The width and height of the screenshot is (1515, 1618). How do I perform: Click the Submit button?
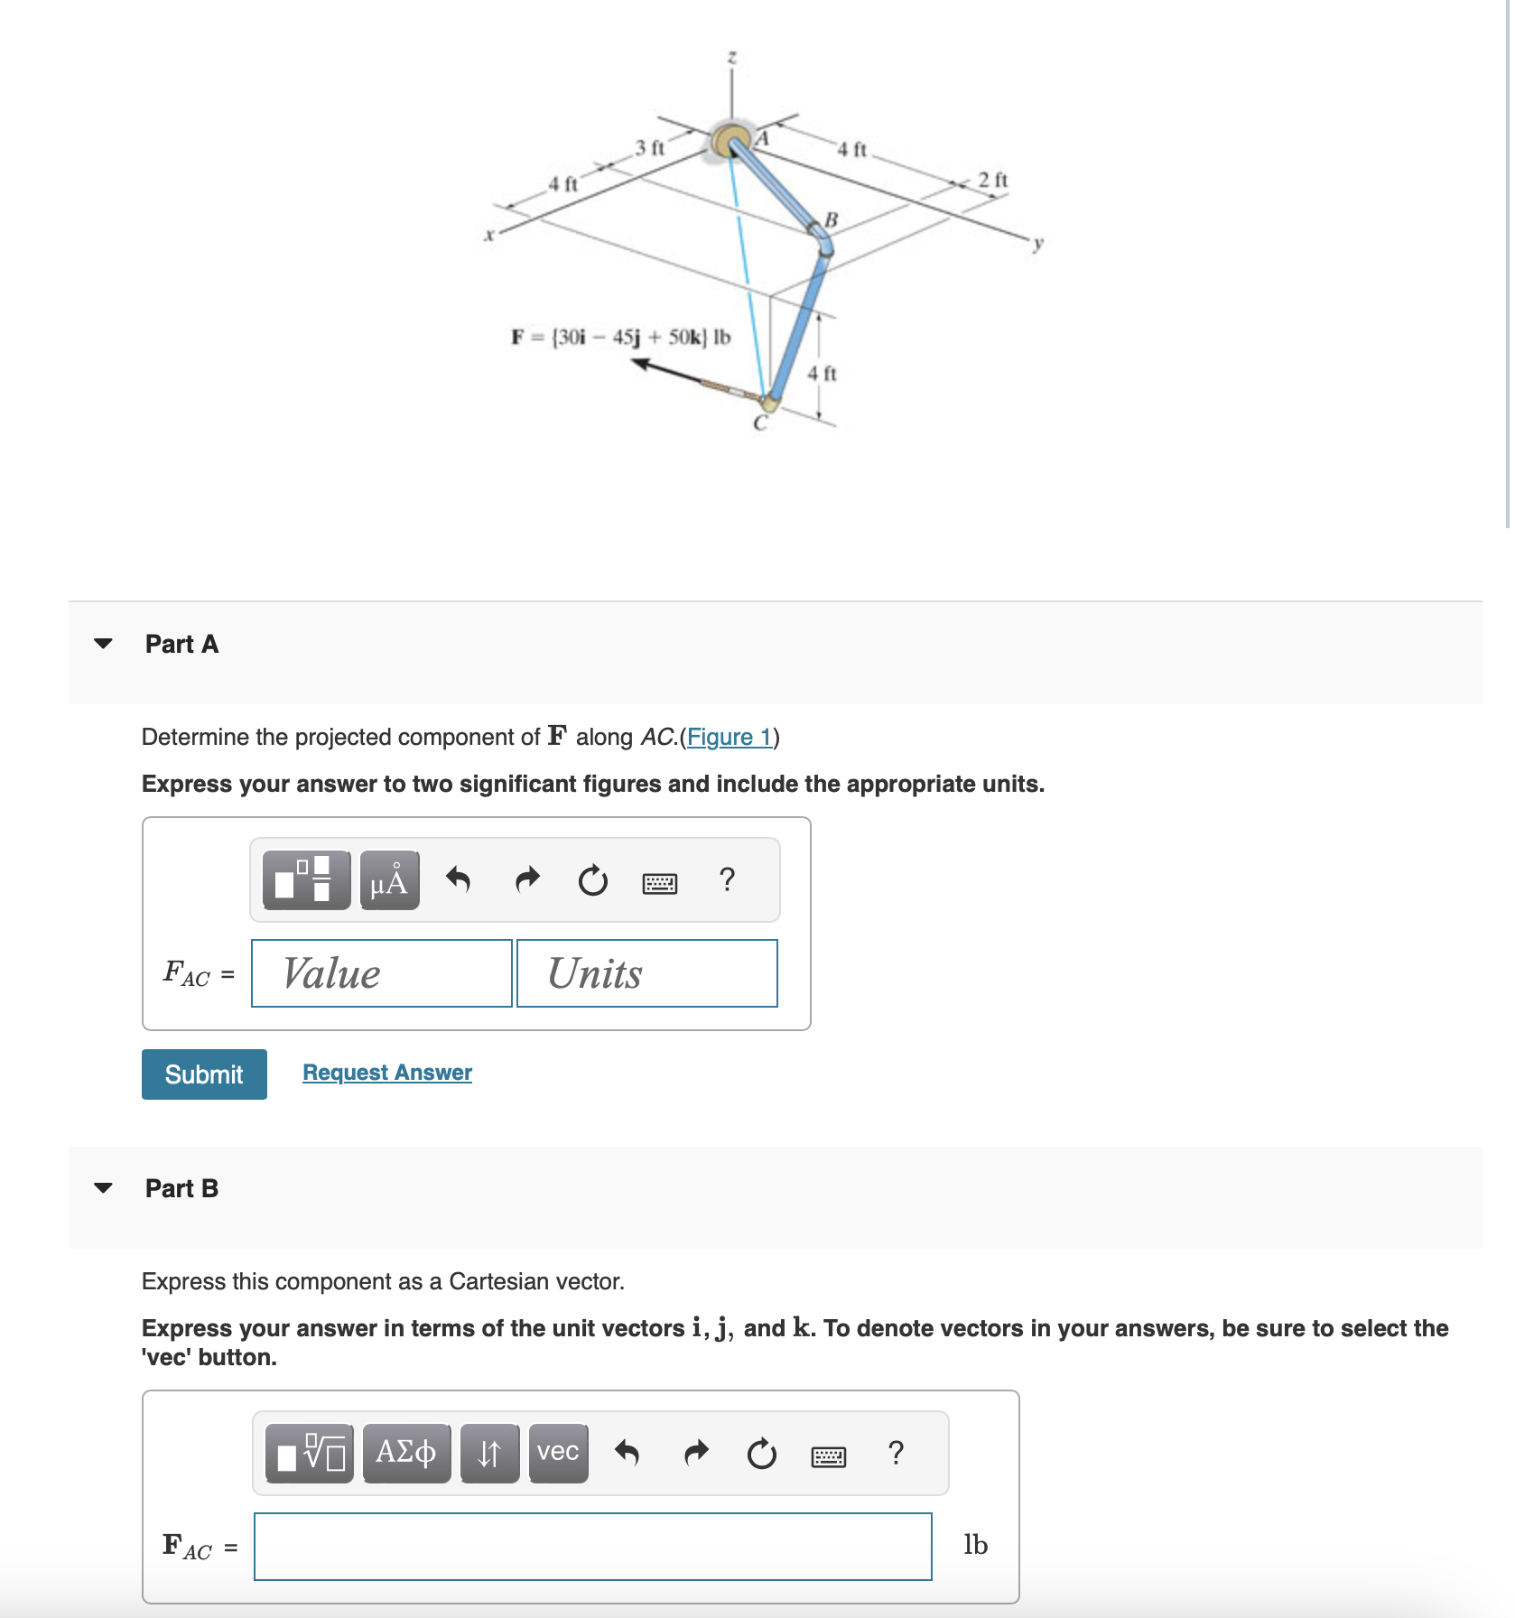coord(204,1074)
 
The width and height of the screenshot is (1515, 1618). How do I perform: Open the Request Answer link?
coord(386,1072)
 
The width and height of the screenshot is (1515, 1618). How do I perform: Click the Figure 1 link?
coord(730,737)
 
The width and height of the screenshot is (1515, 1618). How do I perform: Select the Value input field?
coord(381,973)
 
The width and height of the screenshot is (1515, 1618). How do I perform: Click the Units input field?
coord(646,973)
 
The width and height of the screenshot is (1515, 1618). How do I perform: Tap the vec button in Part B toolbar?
coord(558,1452)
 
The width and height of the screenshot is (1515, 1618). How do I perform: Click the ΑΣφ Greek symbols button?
coord(406,1452)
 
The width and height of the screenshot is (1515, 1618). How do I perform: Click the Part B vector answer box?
coord(592,1546)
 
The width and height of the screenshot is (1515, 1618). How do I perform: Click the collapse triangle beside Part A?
coord(104,644)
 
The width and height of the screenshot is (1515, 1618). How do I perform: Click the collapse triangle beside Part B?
coord(104,1187)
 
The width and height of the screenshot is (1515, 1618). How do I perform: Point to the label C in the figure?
coord(760,423)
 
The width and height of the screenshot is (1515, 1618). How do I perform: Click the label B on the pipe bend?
coord(831,219)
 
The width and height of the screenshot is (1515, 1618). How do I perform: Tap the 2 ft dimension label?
coord(992,180)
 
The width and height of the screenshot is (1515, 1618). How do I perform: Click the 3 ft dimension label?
coord(649,147)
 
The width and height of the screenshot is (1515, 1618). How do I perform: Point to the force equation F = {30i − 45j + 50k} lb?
coord(620,337)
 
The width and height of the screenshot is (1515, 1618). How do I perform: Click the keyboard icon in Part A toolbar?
coord(659,882)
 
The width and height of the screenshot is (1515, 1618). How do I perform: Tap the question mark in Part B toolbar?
coord(895,1452)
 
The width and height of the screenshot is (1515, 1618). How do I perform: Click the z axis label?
coord(731,57)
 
